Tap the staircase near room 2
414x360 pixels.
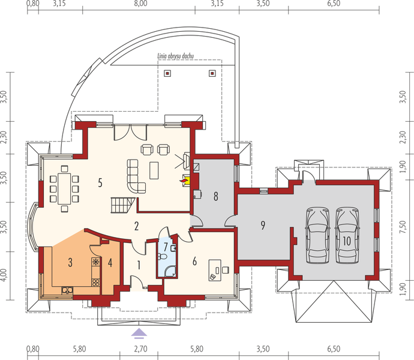click(x=121, y=205)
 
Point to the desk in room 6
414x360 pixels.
click(x=215, y=268)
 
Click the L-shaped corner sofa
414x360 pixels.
click(x=136, y=175)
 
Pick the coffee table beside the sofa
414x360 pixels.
click(x=154, y=170)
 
